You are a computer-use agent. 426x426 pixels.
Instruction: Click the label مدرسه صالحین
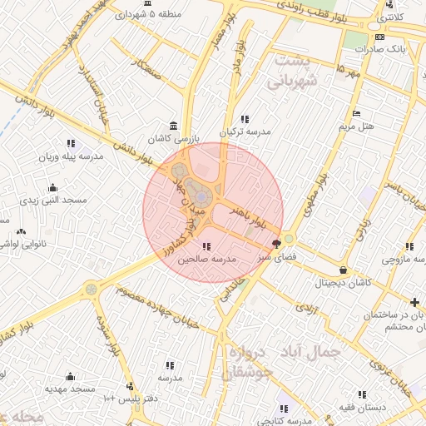tap(206, 260)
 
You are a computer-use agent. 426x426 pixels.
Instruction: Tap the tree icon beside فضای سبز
tap(276, 244)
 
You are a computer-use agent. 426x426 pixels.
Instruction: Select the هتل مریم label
tap(358, 126)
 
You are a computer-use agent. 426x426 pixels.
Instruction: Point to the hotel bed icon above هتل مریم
tap(357, 114)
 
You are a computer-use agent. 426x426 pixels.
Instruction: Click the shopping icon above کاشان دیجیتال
tap(344, 270)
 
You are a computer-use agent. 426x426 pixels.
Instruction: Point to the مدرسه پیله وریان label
tap(73, 156)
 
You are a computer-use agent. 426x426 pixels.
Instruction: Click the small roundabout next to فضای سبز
tap(289, 238)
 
